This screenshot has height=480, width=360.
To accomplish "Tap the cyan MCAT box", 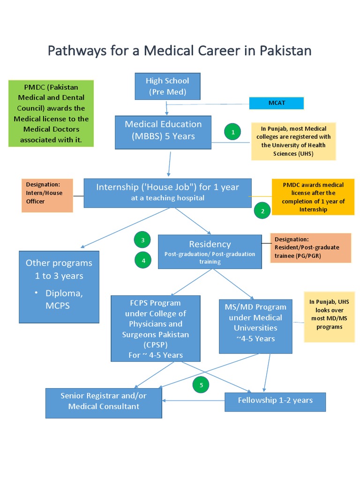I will [276, 103].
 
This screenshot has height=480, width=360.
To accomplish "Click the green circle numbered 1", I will [232, 132].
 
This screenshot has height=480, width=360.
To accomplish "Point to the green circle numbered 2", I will [262, 211].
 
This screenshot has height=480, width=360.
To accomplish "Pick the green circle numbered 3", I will [142, 240].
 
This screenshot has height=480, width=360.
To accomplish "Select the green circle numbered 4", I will [143, 260].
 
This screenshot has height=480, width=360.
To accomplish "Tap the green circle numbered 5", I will [201, 385].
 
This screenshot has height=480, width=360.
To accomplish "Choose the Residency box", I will [210, 251].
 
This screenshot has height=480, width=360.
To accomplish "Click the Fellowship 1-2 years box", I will [275, 400].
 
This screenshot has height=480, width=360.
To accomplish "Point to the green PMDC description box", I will [51, 113].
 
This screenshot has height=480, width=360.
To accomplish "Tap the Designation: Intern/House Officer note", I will [47, 195].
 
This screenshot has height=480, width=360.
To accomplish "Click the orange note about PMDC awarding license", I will [313, 197].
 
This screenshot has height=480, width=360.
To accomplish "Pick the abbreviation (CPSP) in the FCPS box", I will [149, 345].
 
